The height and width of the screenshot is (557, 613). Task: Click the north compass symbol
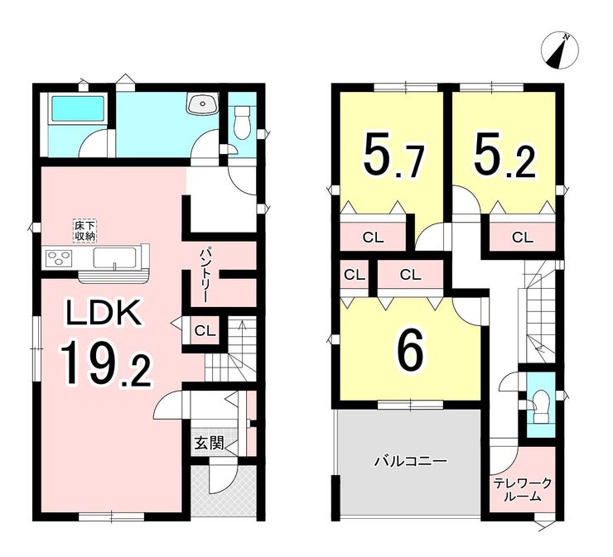pyautogui.click(x=559, y=51)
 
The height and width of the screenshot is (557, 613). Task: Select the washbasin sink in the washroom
pyautogui.click(x=202, y=103)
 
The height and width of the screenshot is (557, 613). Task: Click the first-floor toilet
pyautogui.click(x=242, y=122)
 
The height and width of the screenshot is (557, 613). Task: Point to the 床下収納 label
pyautogui.click(x=84, y=231)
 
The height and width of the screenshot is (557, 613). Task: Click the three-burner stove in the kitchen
pyautogui.click(x=60, y=258)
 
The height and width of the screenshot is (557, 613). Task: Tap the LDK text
pyautogui.click(x=104, y=312)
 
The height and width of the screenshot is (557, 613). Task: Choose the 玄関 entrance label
pyautogui.click(x=209, y=444)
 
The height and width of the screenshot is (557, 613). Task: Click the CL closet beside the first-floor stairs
pyautogui.click(x=205, y=331)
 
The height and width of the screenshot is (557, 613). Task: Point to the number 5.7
pyautogui.click(x=394, y=156)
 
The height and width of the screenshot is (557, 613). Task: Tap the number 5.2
pyautogui.click(x=504, y=156)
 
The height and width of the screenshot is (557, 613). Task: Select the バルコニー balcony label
pyautogui.click(x=411, y=462)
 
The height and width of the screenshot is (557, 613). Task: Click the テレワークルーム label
pyautogui.click(x=523, y=490)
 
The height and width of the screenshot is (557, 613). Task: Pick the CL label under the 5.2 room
pyautogui.click(x=523, y=238)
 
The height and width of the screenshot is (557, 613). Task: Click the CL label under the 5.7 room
pyautogui.click(x=374, y=238)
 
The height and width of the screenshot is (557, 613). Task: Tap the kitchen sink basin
pyautogui.click(x=115, y=258)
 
